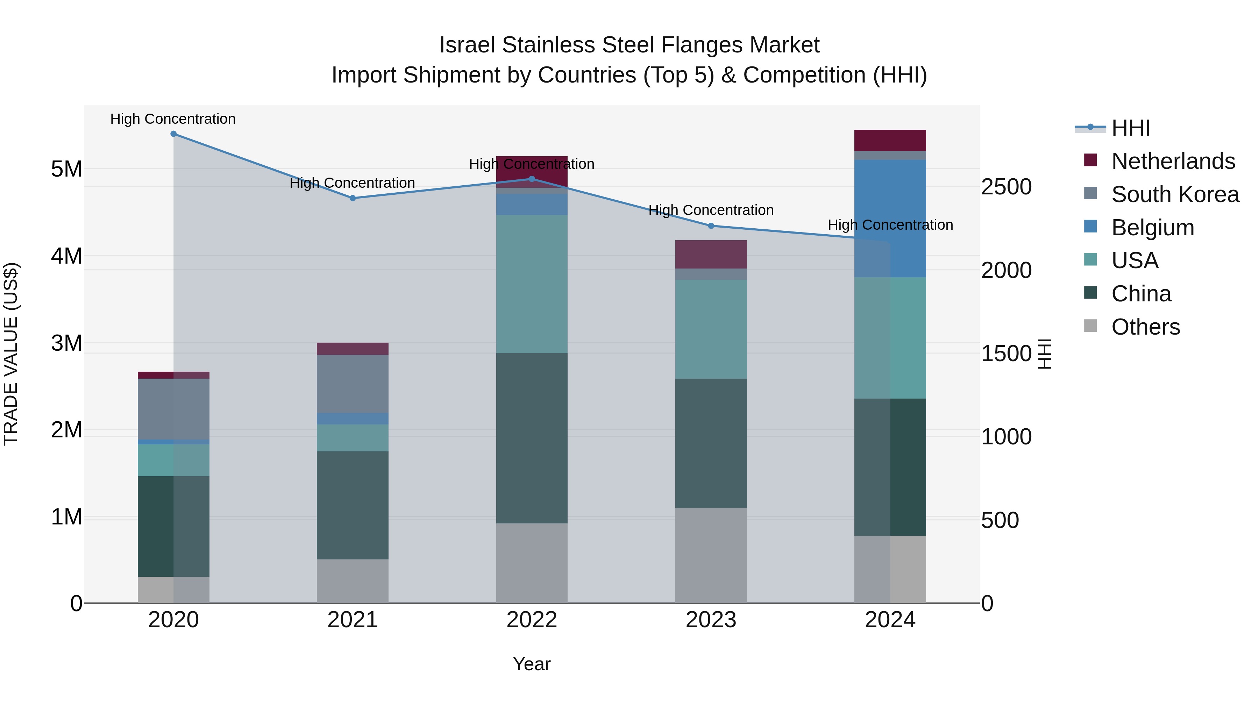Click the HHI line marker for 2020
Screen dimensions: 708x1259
pos(173,134)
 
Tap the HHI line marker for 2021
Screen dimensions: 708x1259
pos(353,198)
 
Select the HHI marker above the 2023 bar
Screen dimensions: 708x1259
pos(711,226)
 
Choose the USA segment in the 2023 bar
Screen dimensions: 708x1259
pos(711,329)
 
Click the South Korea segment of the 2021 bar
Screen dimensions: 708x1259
pos(353,384)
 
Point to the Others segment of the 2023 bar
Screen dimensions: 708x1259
pos(711,555)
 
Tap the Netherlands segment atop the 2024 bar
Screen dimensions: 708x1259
pos(890,140)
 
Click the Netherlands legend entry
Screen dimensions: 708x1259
pos(1173,161)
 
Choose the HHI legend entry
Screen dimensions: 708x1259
pos(1130,128)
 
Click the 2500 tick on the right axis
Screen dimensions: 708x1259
pos(1006,187)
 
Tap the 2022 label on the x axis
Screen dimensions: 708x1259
pos(532,620)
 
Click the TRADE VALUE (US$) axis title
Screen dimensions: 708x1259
pos(11,354)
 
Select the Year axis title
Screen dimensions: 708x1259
pos(532,664)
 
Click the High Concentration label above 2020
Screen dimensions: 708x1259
pos(173,119)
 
